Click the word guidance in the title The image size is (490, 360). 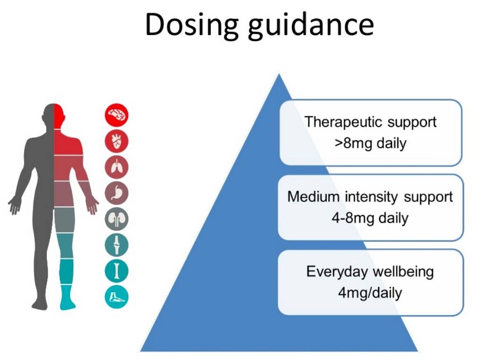311,26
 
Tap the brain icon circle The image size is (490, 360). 116,114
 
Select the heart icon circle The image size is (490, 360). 116,140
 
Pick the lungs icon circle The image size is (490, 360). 116,167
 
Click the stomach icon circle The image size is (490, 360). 116,193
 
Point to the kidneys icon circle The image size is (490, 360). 116,219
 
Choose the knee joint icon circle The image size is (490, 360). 116,245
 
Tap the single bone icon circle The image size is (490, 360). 116,271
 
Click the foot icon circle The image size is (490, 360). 116,297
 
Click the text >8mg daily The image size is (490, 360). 370,143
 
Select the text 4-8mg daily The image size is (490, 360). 370,218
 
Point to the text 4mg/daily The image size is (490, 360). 370,293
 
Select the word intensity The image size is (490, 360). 371,197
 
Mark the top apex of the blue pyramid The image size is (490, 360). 279,74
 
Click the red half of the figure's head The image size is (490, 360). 59,115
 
